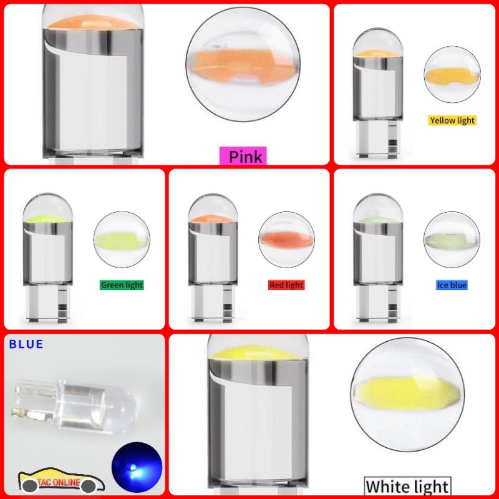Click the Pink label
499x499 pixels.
[246, 155]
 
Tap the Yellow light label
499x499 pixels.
[452, 120]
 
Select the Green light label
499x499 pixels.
[122, 285]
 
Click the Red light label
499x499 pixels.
[286, 285]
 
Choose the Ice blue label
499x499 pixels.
[452, 285]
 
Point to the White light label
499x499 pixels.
[407, 486]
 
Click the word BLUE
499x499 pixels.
[26, 344]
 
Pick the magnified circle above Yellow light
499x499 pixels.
[452, 74]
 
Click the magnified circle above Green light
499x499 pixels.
[122, 240]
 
